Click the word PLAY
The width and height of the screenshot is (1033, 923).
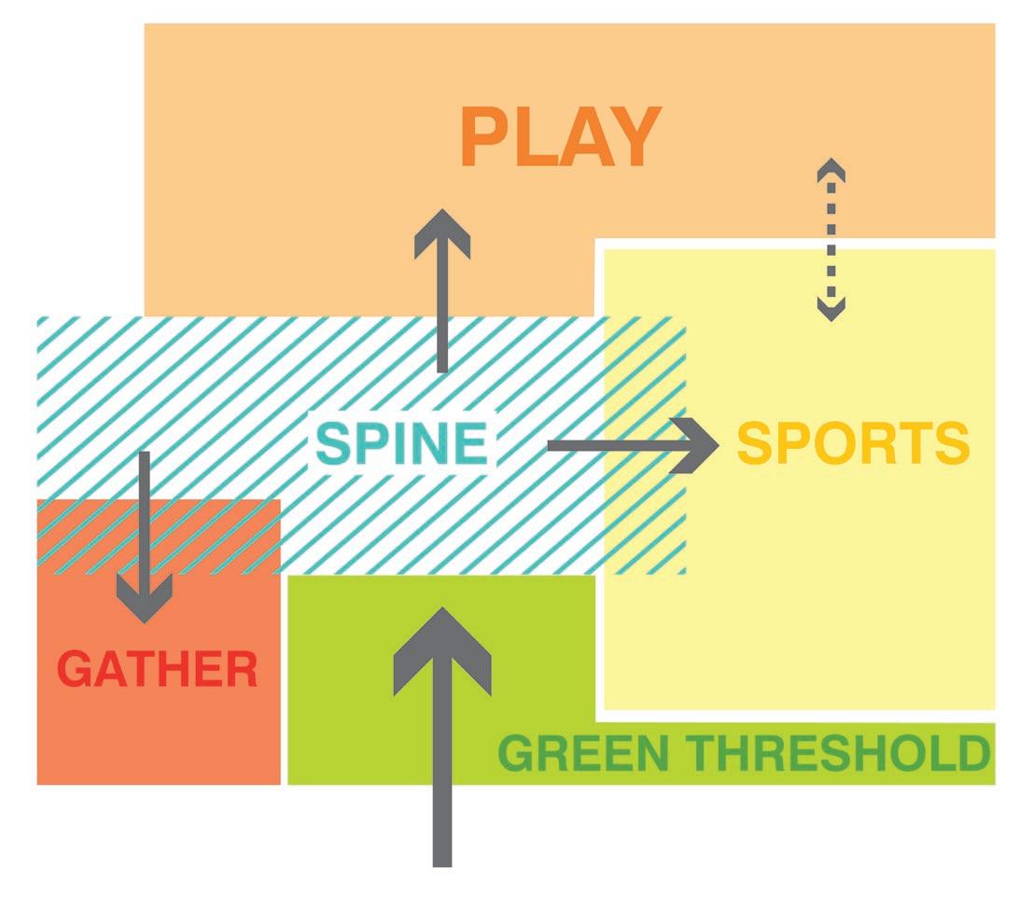click(x=560, y=138)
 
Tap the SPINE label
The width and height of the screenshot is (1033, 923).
click(x=401, y=443)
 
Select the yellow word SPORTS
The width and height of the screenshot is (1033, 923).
click(x=853, y=444)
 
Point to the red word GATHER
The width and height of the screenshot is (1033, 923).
click(x=158, y=669)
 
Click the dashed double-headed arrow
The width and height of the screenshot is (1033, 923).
click(x=831, y=240)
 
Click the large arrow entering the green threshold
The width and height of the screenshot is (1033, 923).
click(x=442, y=737)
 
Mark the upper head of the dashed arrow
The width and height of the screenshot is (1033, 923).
click(x=831, y=171)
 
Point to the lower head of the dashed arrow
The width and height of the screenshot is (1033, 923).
click(x=831, y=308)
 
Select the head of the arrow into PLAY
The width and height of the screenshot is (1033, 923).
click(x=442, y=231)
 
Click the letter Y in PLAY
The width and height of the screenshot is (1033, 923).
click(x=635, y=138)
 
